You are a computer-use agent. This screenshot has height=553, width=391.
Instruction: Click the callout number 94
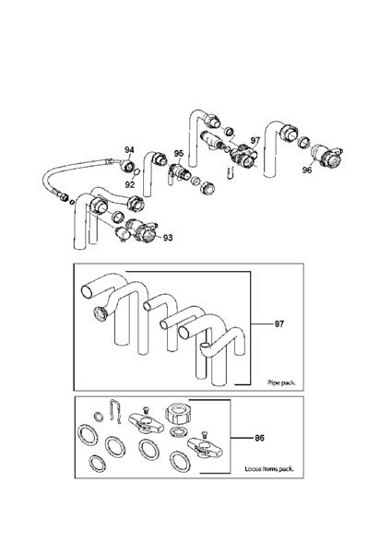[130, 149]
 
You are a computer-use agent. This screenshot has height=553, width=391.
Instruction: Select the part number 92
[130, 184]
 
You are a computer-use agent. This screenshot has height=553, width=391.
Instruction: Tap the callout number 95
[179, 153]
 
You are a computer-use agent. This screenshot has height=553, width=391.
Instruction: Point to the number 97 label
[255, 140]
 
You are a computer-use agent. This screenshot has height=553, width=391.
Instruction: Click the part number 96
[307, 171]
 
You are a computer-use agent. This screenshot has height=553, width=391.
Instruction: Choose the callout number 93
[168, 238]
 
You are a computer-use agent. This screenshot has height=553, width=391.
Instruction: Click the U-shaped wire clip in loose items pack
[112, 410]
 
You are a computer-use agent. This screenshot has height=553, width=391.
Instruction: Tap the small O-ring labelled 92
[135, 172]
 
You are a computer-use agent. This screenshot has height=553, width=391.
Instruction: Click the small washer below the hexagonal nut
[182, 432]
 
